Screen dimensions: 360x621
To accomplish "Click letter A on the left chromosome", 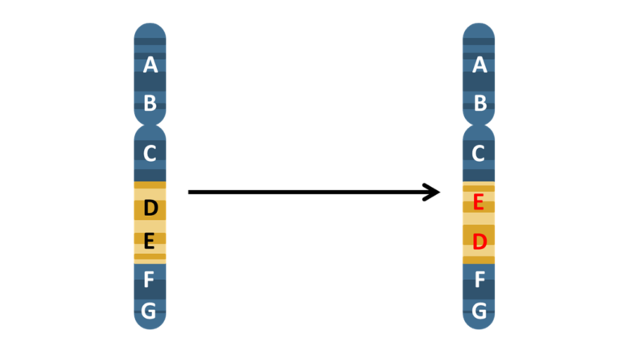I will [150, 65].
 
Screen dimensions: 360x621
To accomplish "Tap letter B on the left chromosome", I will [150, 103].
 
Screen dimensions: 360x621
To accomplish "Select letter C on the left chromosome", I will [150, 152].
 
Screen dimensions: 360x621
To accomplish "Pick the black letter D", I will [150, 209].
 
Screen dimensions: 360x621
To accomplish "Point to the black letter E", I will [150, 241].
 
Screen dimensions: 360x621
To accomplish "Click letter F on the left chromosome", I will [150, 280].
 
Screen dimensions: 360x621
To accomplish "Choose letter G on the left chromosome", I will [150, 310].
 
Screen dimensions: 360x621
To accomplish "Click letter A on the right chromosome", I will [479, 65].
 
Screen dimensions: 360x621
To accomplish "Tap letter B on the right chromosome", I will [479, 103].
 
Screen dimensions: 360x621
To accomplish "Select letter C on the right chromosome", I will [479, 152].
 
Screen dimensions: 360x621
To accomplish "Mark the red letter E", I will [479, 202].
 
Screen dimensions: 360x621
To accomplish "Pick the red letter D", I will [479, 241].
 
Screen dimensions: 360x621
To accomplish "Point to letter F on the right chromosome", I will [479, 280].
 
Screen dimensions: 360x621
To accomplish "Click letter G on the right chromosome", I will [479, 310].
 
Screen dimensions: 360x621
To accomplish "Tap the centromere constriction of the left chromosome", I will [150, 125].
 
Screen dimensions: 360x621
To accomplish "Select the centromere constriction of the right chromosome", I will [479, 125].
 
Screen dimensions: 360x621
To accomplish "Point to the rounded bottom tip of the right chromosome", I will [479, 326].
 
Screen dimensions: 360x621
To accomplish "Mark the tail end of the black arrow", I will [190, 192].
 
